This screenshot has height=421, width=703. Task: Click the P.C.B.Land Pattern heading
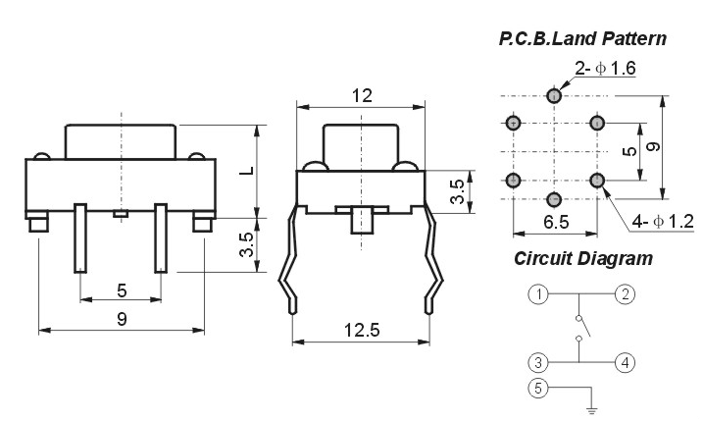coord(582,38)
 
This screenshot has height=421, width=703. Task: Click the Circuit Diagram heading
coord(583,258)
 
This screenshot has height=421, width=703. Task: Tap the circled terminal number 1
coord(538,294)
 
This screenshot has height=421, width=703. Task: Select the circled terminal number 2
coord(625,294)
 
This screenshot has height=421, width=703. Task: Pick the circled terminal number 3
coord(538,362)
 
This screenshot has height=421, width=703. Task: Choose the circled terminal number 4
coord(625,362)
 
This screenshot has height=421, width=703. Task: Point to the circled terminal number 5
coord(538,388)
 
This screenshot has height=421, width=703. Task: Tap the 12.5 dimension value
coord(362,330)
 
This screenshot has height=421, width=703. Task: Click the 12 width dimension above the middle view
coord(362,95)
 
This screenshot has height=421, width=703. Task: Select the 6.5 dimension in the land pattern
coord(556,222)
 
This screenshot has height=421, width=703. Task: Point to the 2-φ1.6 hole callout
coord(605,69)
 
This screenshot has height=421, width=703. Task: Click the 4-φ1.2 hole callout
coord(663,221)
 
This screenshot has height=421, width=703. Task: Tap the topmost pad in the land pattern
coord(554,95)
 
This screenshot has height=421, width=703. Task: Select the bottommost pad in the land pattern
coord(554,199)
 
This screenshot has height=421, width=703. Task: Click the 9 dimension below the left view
coord(122,319)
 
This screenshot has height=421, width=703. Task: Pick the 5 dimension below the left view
coord(122,290)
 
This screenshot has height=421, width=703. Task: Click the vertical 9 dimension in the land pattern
coord(654,147)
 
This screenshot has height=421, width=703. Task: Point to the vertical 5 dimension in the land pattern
coord(629,151)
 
